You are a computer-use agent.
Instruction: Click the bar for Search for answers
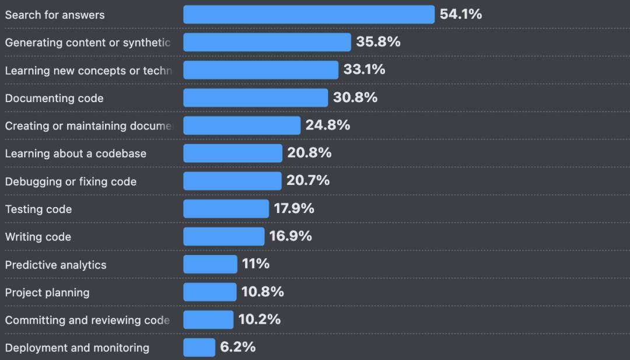(309, 15)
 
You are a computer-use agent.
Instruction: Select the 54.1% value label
(461, 15)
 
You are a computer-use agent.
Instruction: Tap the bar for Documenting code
(256, 98)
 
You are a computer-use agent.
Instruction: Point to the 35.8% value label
(378, 42)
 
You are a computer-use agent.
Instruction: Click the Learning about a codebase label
(76, 153)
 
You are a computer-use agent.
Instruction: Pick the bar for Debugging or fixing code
(232, 181)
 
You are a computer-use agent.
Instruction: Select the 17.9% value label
(294, 208)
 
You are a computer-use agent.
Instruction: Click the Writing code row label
(38, 237)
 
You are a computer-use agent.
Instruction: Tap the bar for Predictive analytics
(210, 264)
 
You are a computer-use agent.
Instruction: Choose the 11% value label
(256, 264)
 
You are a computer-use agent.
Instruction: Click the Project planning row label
(47, 292)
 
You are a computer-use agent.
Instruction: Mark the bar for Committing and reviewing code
(208, 320)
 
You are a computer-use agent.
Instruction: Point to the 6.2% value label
(237, 347)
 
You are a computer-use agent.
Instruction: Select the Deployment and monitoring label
(77, 348)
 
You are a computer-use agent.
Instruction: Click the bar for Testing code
(226, 209)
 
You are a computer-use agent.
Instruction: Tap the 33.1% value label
(364, 69)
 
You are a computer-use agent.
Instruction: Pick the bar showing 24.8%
(242, 125)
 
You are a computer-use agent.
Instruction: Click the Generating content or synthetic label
(87, 43)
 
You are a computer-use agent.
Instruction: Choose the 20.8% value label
(309, 153)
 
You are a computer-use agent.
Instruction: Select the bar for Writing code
(223, 236)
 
